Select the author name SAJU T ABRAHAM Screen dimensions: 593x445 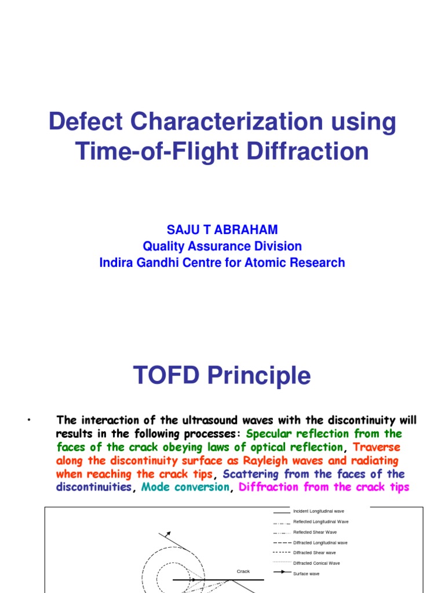222,230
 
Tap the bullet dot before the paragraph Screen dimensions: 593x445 28,419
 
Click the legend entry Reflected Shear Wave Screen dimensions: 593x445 315,532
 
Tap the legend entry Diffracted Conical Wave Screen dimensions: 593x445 316,563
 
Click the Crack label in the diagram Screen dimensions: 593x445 243,571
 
